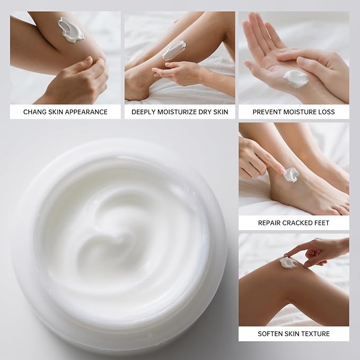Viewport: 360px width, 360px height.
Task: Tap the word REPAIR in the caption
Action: (x=270, y=223)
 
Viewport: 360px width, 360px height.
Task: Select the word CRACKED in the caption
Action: (x=300, y=223)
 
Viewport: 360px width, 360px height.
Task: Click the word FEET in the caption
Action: (x=323, y=223)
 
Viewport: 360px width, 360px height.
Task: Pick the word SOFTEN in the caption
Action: (x=271, y=333)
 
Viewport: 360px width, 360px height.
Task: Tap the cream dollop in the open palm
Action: (x=295, y=78)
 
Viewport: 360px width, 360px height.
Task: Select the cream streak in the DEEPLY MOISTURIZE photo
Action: (x=173, y=50)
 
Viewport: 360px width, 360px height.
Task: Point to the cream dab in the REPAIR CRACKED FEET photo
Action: (x=291, y=174)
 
